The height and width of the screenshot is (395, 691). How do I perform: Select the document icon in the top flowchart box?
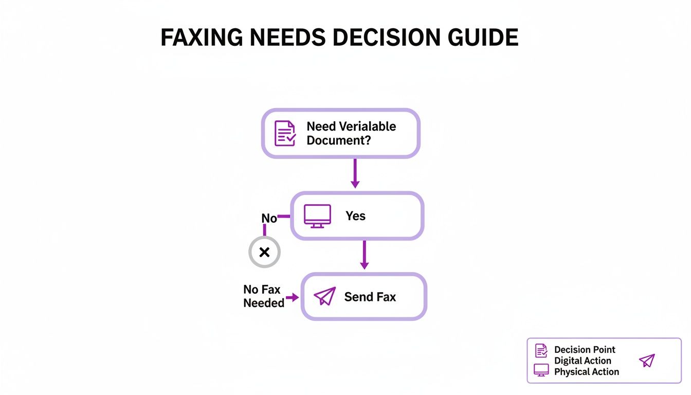click(x=285, y=133)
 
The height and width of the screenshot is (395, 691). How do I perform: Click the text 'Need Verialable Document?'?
click(x=351, y=133)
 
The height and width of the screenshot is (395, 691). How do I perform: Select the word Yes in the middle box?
click(x=355, y=216)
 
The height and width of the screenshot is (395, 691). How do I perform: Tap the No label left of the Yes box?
click(x=269, y=218)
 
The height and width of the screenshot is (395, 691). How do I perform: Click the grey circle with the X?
click(x=264, y=252)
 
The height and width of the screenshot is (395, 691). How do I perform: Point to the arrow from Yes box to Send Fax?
click(x=364, y=255)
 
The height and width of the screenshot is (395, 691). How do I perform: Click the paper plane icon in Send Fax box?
click(x=324, y=296)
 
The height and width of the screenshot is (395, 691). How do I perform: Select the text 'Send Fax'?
click(x=370, y=297)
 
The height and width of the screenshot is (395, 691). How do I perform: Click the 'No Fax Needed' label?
click(x=263, y=296)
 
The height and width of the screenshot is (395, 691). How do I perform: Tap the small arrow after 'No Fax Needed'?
click(x=293, y=297)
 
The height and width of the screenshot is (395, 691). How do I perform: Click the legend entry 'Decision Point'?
click(x=585, y=350)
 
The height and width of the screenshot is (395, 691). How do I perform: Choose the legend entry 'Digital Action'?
click(x=583, y=361)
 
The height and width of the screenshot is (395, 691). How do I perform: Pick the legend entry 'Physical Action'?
click(x=586, y=371)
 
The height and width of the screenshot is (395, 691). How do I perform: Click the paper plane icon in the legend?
click(x=647, y=361)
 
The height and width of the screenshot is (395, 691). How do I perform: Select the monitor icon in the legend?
click(x=541, y=370)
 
